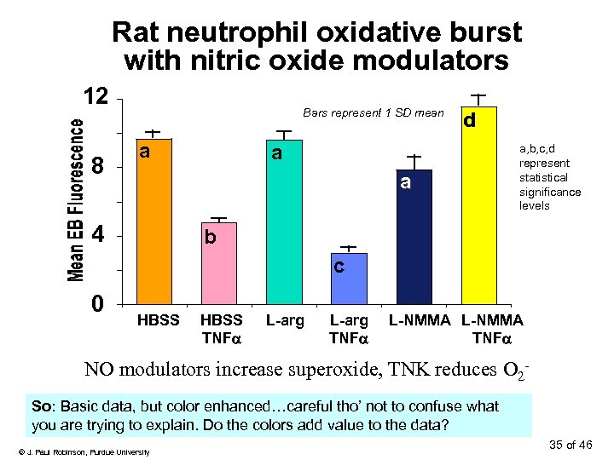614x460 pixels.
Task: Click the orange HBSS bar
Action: click(x=153, y=221)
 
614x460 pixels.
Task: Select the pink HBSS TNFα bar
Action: click(x=218, y=264)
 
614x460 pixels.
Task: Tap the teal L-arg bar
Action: click(x=284, y=221)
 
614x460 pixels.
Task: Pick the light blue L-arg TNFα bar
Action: click(x=349, y=279)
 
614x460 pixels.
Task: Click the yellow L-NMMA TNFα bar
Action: click(x=480, y=204)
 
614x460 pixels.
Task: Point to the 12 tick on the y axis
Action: click(x=95, y=96)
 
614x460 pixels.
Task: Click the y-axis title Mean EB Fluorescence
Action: click(x=76, y=199)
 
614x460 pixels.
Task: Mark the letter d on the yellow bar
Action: click(x=469, y=122)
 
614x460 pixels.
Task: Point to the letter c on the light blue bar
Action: click(x=339, y=267)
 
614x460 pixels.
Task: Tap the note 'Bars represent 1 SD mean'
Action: click(x=374, y=113)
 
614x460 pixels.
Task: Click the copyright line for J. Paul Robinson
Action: click(x=84, y=451)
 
